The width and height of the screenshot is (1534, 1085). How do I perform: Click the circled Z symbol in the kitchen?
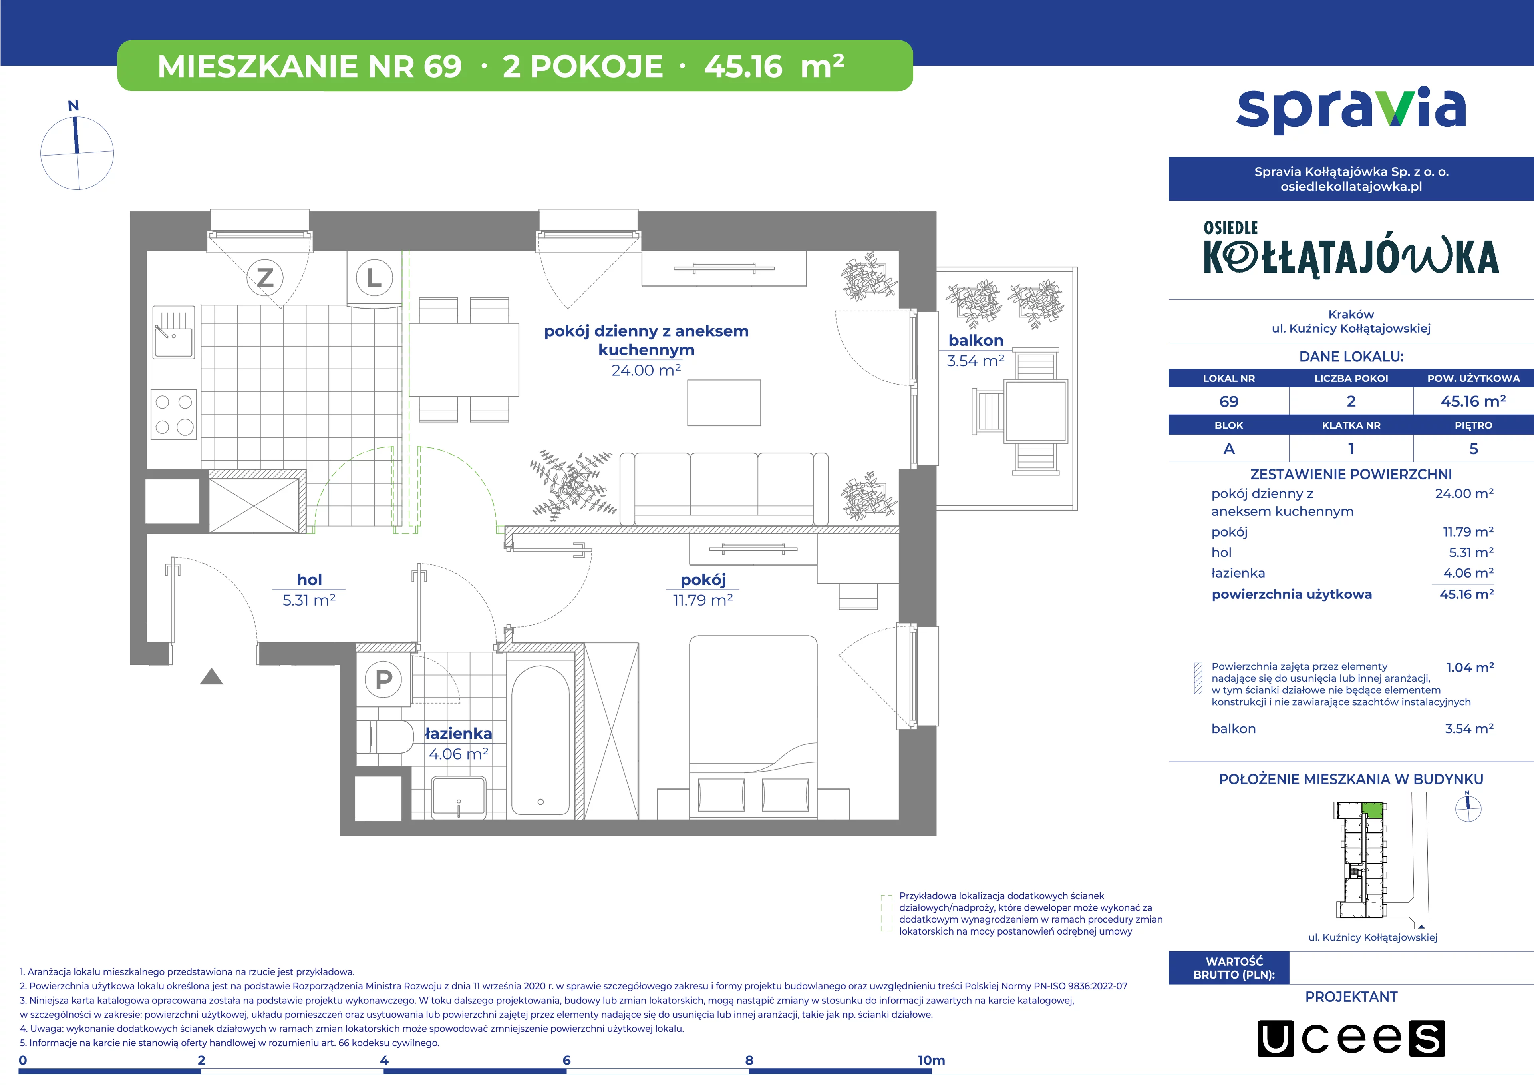coord(265,277)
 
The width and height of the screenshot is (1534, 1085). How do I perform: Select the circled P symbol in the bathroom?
coord(383,679)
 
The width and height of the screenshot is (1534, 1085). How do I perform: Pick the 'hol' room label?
coord(309,580)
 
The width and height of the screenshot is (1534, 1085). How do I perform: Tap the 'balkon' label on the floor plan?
coord(976,340)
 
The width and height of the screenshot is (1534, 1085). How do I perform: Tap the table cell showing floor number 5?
coord(1473,449)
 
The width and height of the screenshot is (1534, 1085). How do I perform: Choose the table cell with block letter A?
coord(1229,449)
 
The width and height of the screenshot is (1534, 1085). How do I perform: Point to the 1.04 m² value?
coord(1470,667)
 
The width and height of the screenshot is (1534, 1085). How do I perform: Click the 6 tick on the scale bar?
coord(566,1060)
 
